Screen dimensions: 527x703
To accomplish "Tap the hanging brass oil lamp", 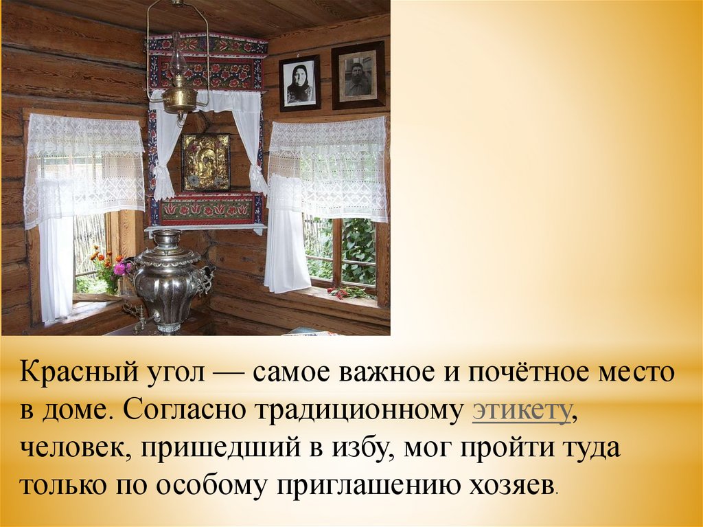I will [x=178, y=93].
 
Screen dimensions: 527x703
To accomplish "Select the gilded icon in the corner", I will [x=205, y=163].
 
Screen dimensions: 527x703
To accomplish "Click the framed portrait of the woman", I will [x=299, y=83].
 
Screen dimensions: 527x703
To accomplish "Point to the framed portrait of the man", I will [x=358, y=76].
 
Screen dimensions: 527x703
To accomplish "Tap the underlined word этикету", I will [x=522, y=410].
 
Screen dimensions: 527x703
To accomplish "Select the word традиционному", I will [x=360, y=410].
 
